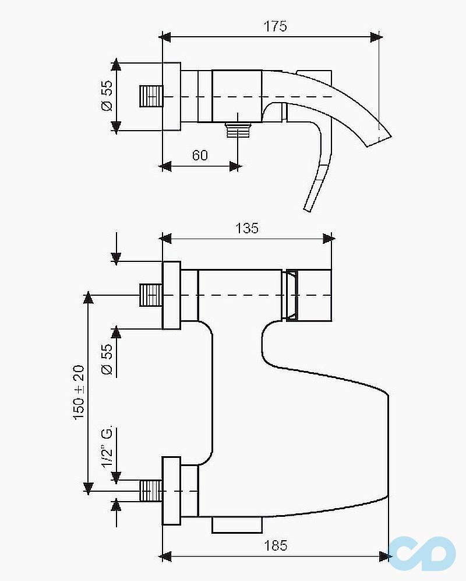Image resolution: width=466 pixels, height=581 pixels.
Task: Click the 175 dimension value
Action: tap(275, 26)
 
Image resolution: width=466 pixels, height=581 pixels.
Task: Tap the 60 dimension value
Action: tap(200, 155)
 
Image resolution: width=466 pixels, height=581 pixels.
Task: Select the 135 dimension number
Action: tap(247, 228)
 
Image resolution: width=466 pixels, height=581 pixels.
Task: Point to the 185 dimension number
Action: tap(276, 545)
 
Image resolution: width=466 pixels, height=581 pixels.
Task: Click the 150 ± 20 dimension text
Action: tap(79, 393)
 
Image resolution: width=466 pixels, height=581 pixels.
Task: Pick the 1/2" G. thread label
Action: tap(107, 448)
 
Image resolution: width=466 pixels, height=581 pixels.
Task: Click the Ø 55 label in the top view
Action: tap(107, 96)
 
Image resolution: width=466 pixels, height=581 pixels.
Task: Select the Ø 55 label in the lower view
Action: tap(107, 359)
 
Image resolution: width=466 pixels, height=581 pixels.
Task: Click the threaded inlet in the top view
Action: tap(151, 96)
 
